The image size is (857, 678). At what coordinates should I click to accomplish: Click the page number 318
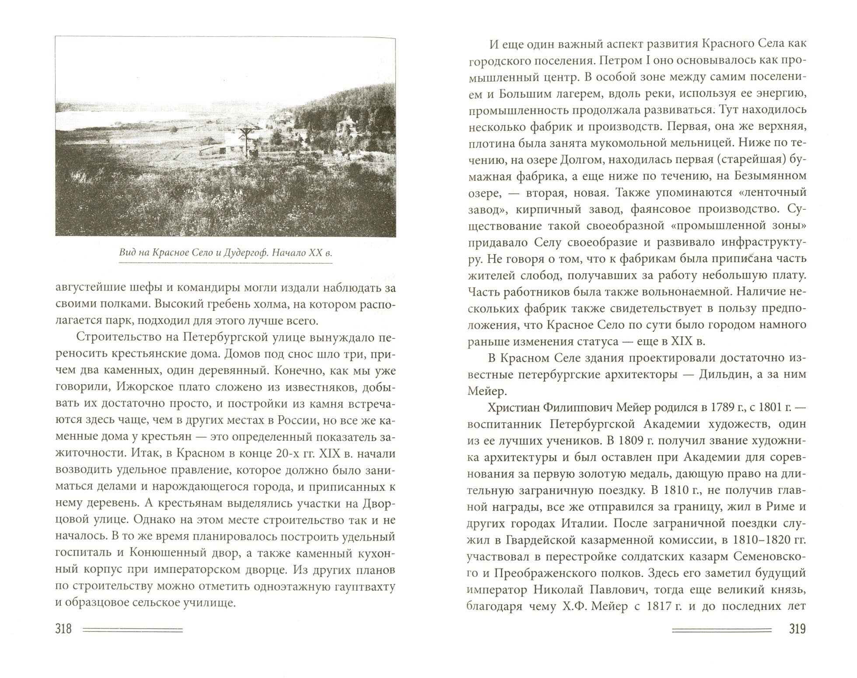[x=63, y=629]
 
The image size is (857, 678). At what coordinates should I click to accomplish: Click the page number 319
[x=797, y=629]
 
